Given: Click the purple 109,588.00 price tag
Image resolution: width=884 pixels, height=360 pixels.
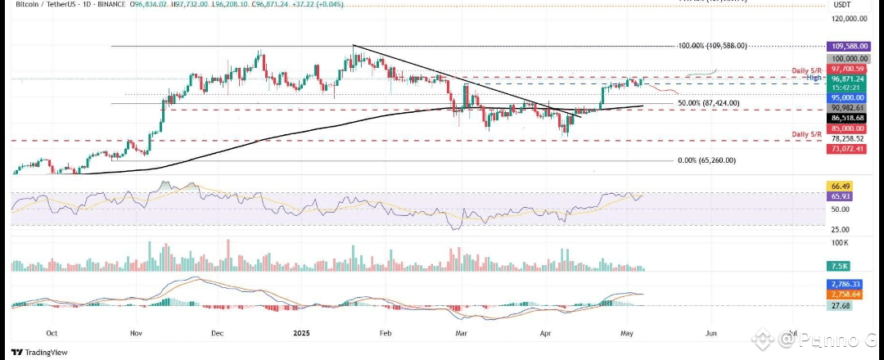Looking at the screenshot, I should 847,47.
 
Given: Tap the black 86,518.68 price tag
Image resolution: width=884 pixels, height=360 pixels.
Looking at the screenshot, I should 847,118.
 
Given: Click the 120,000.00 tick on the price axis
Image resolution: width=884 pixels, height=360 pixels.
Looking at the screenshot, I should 849,18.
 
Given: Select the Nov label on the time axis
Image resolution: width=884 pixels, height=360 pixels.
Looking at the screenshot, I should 136,333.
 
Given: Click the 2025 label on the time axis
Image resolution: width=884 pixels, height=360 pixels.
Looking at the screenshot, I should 301,333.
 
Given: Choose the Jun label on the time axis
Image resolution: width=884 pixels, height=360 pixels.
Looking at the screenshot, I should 710,333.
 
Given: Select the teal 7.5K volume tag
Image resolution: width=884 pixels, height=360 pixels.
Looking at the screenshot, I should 839,267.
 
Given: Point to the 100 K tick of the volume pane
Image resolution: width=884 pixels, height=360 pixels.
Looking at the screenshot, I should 839,243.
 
